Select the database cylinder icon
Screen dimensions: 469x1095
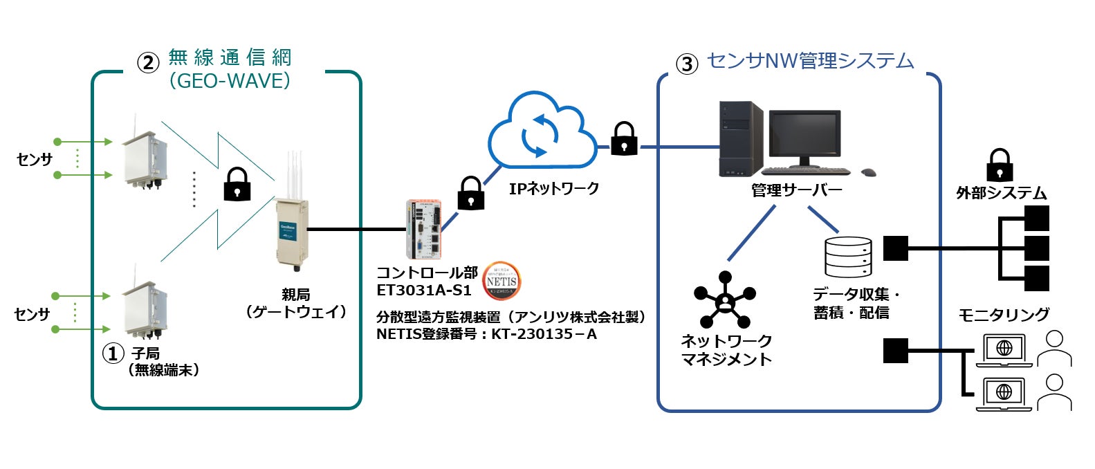coord(848,257)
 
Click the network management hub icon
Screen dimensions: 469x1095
coord(724,300)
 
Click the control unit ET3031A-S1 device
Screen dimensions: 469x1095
coord(422,229)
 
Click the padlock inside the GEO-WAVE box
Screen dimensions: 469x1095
coord(237,184)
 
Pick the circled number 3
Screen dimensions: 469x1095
coord(686,64)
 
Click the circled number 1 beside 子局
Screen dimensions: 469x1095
coord(113,353)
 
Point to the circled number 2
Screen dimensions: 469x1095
coord(147,63)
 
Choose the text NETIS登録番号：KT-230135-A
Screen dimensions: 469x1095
coord(486,334)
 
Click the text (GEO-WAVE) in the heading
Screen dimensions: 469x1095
coord(230,81)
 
